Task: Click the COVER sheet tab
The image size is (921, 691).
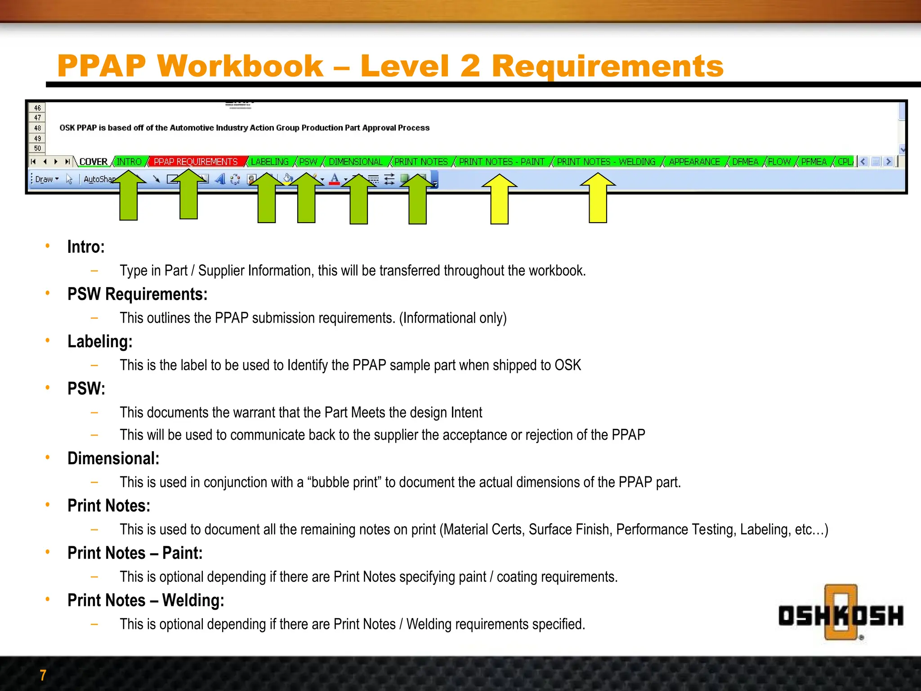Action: click(93, 162)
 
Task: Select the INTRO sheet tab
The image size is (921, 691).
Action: click(129, 162)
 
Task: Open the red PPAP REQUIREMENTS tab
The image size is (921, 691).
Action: click(196, 162)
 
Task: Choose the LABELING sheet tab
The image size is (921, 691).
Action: click(269, 162)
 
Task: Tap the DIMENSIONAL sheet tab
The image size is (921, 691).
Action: click(355, 162)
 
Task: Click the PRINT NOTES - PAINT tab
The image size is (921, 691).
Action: click(501, 162)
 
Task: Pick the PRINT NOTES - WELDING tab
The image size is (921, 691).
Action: click(606, 162)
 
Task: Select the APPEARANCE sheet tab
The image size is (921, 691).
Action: click(694, 162)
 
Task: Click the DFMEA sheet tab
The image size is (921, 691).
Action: click(745, 162)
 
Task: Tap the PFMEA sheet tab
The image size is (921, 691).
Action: click(814, 162)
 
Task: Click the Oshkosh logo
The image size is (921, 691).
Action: click(841, 615)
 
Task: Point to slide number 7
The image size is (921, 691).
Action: click(43, 675)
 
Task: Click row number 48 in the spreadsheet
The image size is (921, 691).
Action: click(37, 128)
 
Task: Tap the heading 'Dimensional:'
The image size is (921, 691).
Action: click(113, 458)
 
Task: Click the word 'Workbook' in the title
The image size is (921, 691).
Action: click(240, 66)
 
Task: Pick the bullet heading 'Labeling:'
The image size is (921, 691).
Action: click(100, 341)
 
